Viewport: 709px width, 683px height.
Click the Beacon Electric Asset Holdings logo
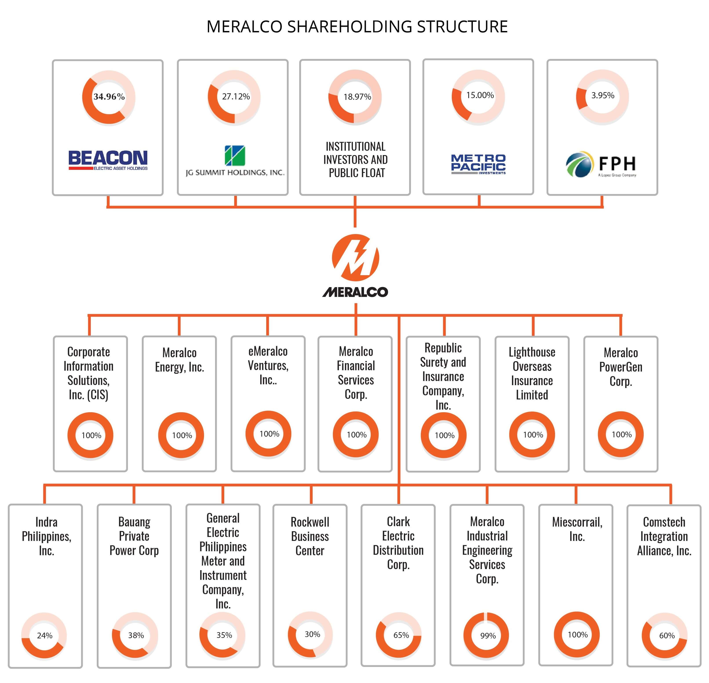[108, 160]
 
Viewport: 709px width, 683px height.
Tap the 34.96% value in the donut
[109, 97]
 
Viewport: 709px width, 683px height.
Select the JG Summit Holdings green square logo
[235, 156]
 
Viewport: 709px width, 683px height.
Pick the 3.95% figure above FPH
[603, 95]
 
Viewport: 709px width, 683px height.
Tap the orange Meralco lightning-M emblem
[355, 258]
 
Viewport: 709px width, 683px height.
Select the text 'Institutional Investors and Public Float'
[355, 160]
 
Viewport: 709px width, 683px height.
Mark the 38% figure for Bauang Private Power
[136, 635]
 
